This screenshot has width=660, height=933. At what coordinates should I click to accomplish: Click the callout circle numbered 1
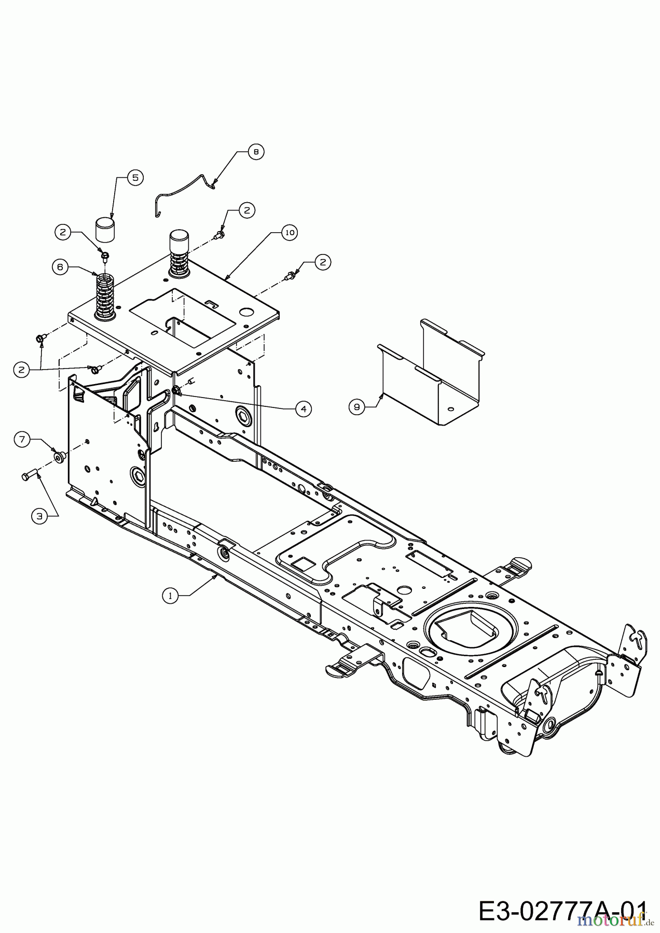[169, 596]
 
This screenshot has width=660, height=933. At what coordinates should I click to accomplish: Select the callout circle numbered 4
[304, 408]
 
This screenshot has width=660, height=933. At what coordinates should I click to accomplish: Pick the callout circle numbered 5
[135, 177]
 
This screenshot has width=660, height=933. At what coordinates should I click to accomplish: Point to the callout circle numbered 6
[60, 267]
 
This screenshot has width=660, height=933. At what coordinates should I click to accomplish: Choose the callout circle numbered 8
[256, 151]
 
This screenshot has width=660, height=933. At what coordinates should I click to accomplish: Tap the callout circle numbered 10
[290, 233]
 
